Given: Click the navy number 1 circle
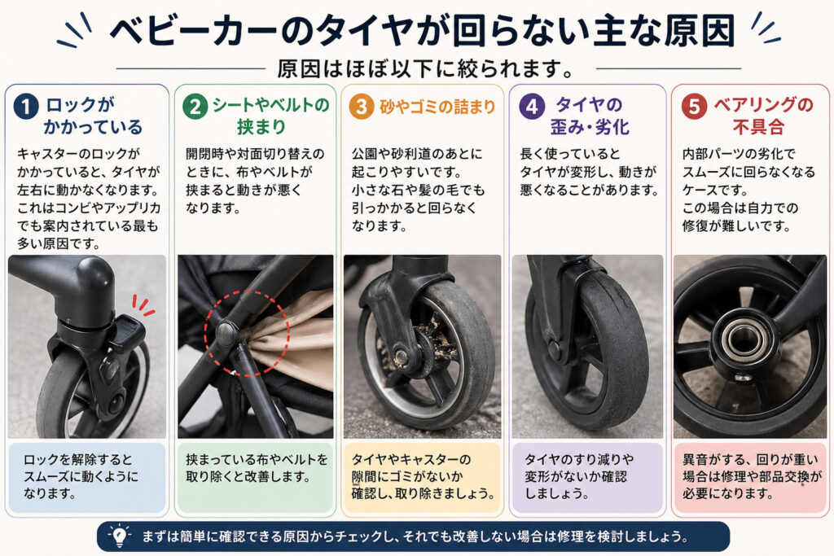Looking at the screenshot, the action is click(x=25, y=107).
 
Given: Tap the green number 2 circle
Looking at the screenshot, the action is click(x=195, y=107).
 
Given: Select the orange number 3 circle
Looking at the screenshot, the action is click(x=362, y=107).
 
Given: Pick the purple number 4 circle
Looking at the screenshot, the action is click(x=532, y=107).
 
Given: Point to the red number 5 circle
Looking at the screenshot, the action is click(x=694, y=107).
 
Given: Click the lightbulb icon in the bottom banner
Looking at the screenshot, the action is click(x=120, y=536).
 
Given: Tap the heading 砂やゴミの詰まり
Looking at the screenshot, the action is click(x=437, y=107).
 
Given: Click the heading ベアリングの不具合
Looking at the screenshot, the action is click(x=762, y=116).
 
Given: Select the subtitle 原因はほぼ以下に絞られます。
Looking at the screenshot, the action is click(x=425, y=68).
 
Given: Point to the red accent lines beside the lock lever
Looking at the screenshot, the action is click(x=143, y=305).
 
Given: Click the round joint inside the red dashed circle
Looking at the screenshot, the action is click(x=226, y=332).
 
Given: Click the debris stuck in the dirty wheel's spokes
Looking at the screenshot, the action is click(x=437, y=340).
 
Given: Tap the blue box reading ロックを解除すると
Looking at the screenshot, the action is click(x=87, y=477).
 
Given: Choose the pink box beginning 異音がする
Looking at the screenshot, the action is click(x=750, y=477).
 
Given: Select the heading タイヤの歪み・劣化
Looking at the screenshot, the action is click(x=590, y=116).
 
